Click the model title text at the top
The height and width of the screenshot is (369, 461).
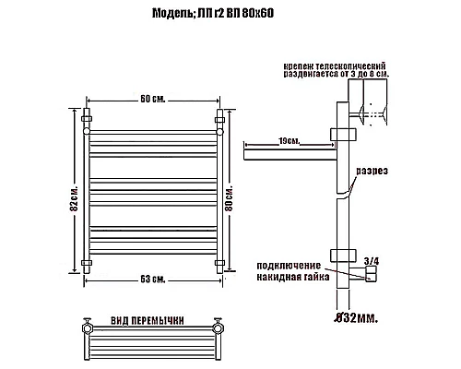[230, 13]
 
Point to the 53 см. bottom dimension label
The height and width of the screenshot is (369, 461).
[153, 280]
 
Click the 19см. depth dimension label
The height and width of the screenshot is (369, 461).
[287, 140]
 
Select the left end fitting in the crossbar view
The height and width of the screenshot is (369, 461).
[88, 327]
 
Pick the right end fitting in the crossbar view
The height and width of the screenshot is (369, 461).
[219, 327]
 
